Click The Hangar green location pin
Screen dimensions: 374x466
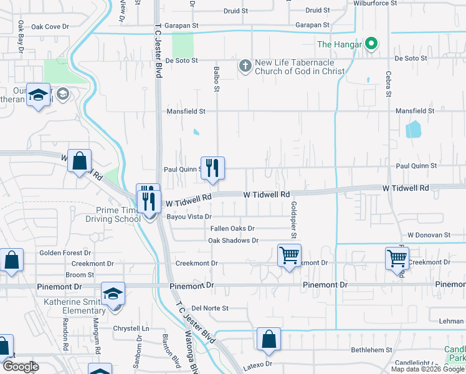[371, 44]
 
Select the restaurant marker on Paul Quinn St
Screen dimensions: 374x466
[212, 168]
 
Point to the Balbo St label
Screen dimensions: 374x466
[217, 79]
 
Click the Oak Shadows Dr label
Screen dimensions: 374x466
[233, 241]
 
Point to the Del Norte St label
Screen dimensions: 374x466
[210, 308]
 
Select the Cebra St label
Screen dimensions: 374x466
[387, 87]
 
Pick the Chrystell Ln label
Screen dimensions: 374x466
[131, 328]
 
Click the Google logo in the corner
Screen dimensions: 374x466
[21, 367]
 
